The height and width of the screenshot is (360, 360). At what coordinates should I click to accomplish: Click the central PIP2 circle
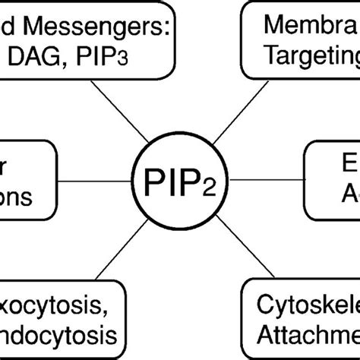click(x=180, y=180)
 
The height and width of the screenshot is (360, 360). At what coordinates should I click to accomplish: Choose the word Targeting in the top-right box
click(x=311, y=59)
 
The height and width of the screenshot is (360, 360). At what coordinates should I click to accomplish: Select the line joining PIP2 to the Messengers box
click(x=133, y=114)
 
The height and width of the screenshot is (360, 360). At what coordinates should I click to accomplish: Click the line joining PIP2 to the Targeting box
click(x=228, y=114)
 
